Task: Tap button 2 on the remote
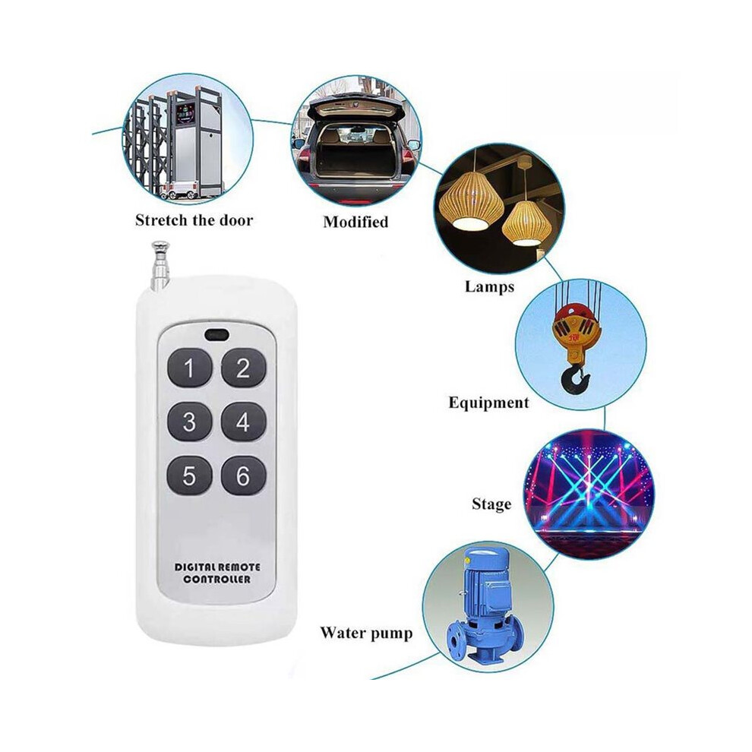(x=243, y=368)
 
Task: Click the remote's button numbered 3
(x=189, y=422)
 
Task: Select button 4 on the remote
(x=243, y=422)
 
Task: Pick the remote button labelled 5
(x=189, y=476)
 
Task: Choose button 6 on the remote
(x=243, y=476)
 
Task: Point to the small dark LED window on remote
(x=216, y=334)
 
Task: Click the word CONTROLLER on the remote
(x=216, y=580)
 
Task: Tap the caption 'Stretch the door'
(x=194, y=220)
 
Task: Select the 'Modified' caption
(x=355, y=222)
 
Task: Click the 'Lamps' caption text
(x=489, y=287)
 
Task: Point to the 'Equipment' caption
(x=488, y=402)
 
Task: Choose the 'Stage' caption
(x=491, y=504)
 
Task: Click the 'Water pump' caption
(x=366, y=633)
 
